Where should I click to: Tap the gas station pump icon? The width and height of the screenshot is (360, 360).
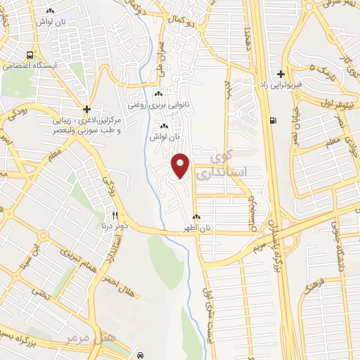(271, 120)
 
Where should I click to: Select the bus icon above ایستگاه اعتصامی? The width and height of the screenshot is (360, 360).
(30, 56)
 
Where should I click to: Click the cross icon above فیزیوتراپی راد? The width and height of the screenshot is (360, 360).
(281, 74)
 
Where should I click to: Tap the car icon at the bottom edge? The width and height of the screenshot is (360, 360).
(141, 354)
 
